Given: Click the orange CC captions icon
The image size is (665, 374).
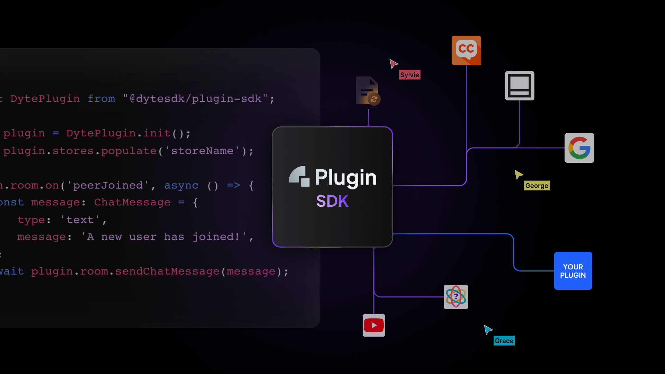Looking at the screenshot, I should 466,50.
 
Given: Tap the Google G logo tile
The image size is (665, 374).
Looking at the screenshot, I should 579,148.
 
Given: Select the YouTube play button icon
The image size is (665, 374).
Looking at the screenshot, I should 374,325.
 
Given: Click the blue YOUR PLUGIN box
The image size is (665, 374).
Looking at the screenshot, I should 573,271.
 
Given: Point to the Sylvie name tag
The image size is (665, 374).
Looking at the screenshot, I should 409,75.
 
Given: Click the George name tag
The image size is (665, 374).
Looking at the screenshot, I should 537,186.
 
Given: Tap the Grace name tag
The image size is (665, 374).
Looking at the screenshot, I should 504,341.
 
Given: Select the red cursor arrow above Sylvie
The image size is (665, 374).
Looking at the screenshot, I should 393,63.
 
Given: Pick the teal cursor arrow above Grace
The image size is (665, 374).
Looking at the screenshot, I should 488,329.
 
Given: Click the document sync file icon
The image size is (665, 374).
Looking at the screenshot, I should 368,91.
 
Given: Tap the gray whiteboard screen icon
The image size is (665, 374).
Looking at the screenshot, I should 520,86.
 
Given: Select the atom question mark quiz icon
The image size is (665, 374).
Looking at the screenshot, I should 456,297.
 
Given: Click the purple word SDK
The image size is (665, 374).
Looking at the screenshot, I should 332,201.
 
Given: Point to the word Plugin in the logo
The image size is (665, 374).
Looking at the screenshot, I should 345,178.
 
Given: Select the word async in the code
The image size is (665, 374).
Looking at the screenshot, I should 181,186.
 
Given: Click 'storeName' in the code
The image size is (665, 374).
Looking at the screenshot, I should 202,151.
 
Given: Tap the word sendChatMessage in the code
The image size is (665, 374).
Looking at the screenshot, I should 167,271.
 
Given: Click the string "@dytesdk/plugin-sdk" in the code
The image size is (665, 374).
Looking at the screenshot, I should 195,99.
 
